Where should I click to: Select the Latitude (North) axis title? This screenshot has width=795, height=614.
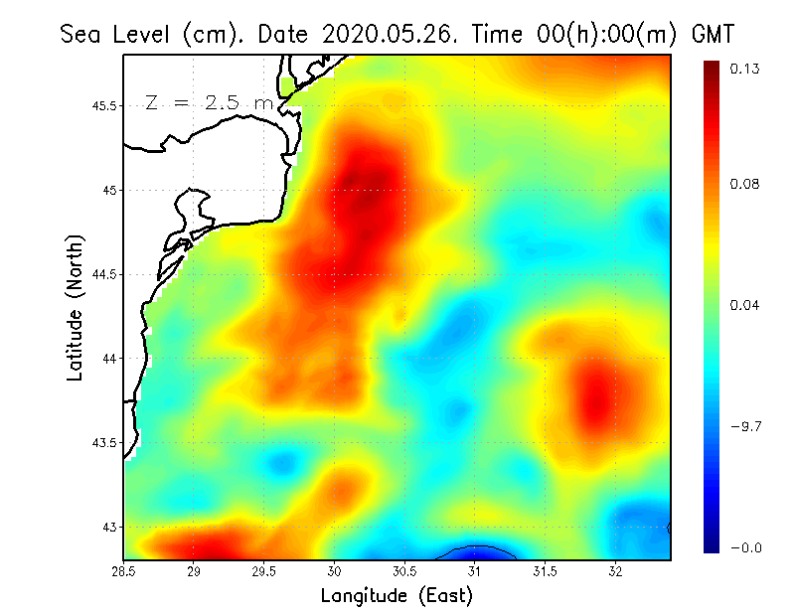click(75, 307)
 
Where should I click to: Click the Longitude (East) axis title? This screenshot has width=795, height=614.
click(396, 595)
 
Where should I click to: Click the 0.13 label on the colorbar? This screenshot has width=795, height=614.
click(746, 69)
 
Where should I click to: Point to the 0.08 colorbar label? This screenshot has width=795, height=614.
click(746, 184)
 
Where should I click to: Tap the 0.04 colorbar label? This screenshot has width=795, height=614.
click(746, 305)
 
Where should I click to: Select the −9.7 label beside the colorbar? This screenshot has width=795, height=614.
click(746, 426)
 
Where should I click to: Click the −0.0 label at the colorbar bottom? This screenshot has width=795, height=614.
click(746, 547)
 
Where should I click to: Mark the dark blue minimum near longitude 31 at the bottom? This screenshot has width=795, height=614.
click(476, 553)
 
